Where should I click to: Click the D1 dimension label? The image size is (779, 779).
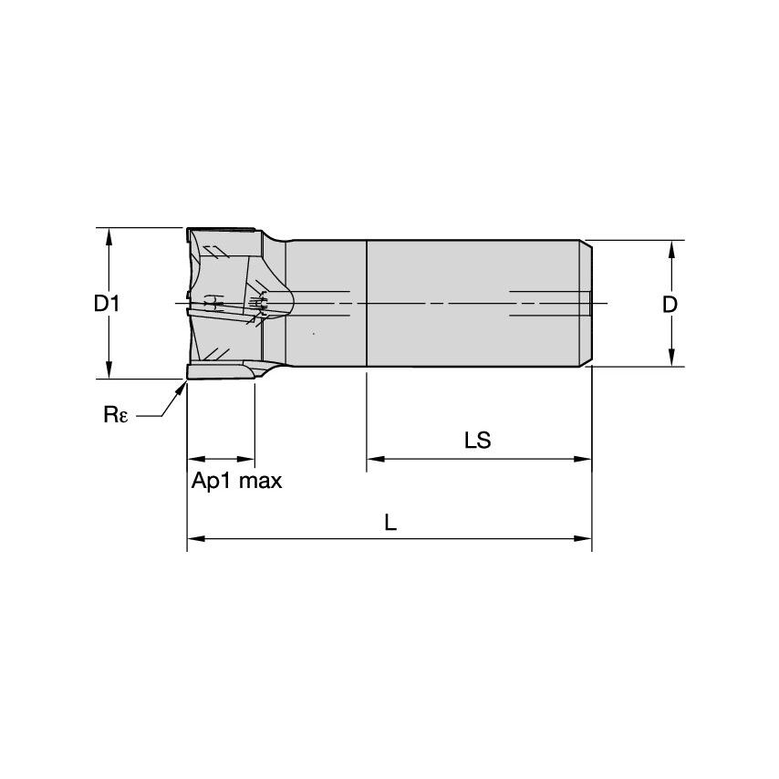pyautogui.click(x=107, y=304)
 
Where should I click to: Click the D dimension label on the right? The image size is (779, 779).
pyautogui.click(x=670, y=305)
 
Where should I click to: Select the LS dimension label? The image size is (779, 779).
pyautogui.click(x=477, y=441)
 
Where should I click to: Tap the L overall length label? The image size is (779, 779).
pyautogui.click(x=389, y=523)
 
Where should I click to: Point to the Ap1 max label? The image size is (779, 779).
pyautogui.click(x=236, y=481)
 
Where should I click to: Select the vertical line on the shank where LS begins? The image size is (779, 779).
pyautogui.click(x=366, y=304)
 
